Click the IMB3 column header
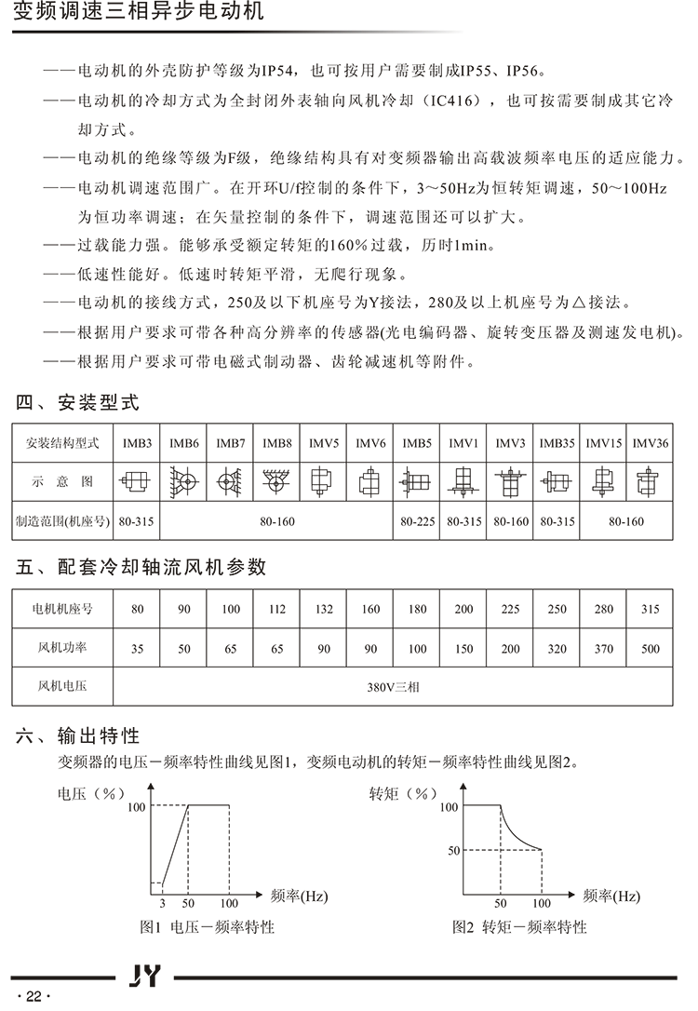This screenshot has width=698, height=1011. coord(138,442)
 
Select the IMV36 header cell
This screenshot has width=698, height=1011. coord(650,442)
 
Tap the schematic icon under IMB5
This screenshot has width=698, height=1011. coord(417,482)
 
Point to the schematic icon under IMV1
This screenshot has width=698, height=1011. coord(463,482)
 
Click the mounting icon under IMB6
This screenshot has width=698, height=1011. coord(184,482)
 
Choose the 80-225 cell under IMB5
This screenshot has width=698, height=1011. coord(417,521)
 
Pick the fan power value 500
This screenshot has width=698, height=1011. coord(650,649)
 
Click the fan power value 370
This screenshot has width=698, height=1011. coord(603,649)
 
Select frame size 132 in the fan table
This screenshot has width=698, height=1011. coord(324,610)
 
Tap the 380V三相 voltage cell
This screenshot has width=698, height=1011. coord(394,688)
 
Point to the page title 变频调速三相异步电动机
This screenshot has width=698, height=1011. coord(140,12)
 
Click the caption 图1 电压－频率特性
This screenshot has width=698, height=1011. coord(207,927)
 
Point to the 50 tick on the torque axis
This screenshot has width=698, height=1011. coord(453,850)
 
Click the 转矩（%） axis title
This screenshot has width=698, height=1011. coord(403,794)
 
